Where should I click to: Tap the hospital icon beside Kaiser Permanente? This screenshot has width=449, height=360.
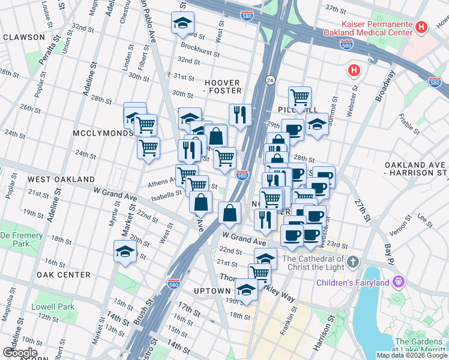coord(422,28)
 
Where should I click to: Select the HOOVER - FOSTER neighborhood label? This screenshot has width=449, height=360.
coord(223,86)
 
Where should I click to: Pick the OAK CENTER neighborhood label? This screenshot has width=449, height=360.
coord(63,275)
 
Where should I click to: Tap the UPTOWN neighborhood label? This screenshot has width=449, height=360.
coord(212,291)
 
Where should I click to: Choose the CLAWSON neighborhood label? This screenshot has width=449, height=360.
coord(23,37)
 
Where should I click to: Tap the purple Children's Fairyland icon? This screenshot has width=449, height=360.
coord(397,281)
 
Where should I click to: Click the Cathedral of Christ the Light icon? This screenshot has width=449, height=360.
coord(353,262)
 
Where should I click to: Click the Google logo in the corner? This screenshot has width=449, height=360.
coord(20,353)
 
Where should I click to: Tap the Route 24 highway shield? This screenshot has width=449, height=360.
coord(271,79)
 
